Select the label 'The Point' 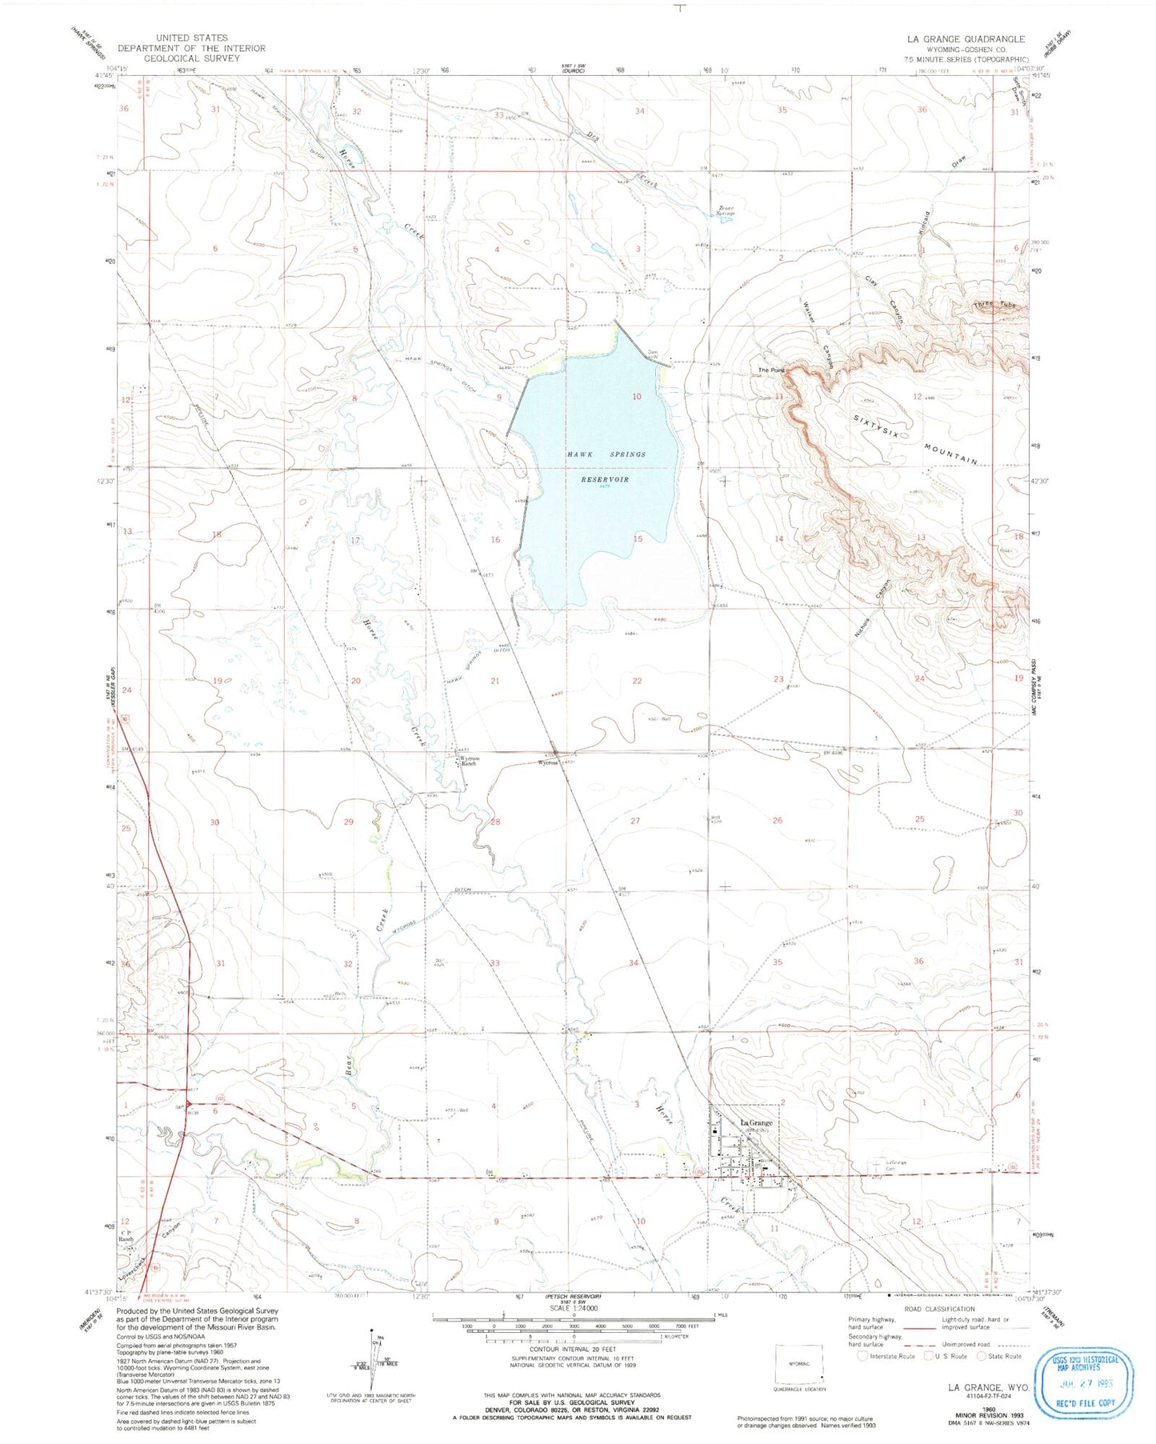[771, 370]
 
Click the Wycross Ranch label [466, 761]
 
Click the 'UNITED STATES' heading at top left [191, 38]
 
